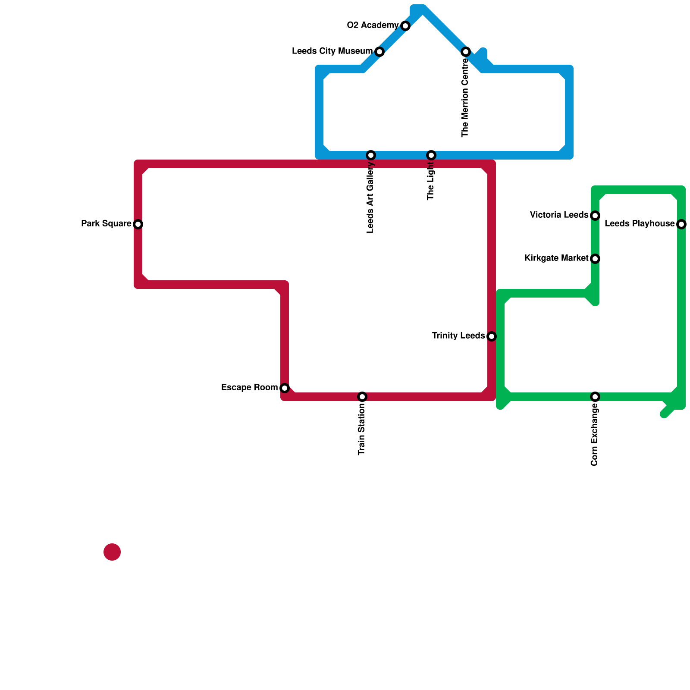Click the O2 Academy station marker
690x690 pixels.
pos(405,26)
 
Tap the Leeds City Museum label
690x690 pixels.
pos(332,51)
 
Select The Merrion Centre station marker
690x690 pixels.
pos(466,52)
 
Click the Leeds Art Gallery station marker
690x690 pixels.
pos(371,155)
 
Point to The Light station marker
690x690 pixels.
pos(431,155)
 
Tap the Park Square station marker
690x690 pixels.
pos(138,224)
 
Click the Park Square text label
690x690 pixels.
pos(106,224)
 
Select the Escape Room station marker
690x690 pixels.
pos(285,388)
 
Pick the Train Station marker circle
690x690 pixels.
pos(362,397)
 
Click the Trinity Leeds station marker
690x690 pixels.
pos(492,336)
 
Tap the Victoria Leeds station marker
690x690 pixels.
pos(595,216)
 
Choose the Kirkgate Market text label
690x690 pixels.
pos(556,258)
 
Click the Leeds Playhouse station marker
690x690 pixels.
pos(681,224)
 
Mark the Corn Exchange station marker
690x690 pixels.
pos(595,397)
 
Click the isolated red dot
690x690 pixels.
pos(112,552)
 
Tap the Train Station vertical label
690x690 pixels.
pos(362,430)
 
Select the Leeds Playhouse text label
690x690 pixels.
pos(640,224)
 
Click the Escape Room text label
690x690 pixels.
pos(249,388)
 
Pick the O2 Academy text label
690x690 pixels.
pos(373,25)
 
